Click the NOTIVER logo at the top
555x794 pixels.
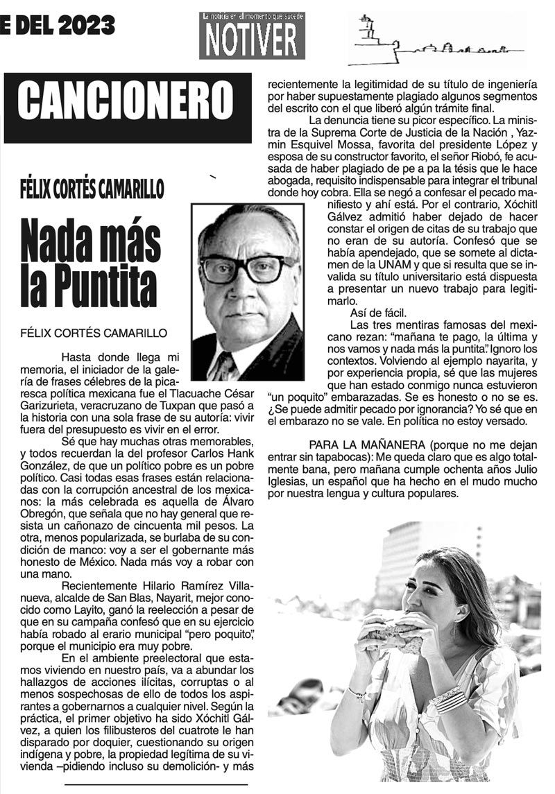pyautogui.click(x=252, y=35)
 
